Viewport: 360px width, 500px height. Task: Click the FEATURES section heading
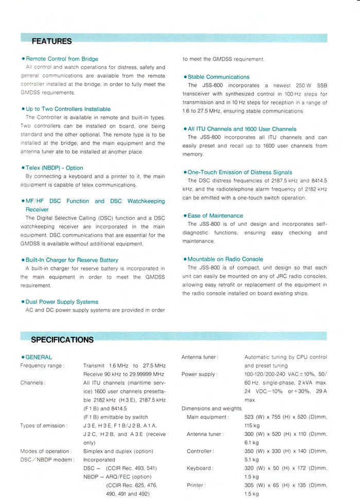(x=51, y=41)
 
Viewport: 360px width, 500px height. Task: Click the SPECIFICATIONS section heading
(x=62, y=340)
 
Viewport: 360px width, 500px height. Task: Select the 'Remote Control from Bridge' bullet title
(x=62, y=59)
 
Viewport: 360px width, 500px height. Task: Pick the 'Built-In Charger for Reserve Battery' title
(x=71, y=260)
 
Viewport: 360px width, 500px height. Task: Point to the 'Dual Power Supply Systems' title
(x=62, y=302)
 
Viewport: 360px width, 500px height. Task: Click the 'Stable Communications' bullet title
(x=218, y=77)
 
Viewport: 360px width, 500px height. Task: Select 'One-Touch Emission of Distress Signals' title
(x=240, y=172)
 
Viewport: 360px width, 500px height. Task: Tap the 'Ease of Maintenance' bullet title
(x=215, y=216)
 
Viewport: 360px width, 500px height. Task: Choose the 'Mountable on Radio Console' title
(x=225, y=259)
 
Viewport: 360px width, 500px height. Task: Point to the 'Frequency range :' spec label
(x=42, y=366)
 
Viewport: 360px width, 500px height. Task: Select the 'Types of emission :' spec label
(x=44, y=425)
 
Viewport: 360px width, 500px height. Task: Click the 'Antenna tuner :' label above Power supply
(x=200, y=357)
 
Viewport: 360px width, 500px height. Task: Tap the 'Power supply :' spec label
(x=199, y=374)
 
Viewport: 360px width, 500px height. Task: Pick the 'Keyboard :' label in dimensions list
(x=200, y=468)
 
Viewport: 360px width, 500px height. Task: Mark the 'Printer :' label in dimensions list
(x=197, y=485)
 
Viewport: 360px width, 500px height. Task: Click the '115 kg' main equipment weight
(x=252, y=425)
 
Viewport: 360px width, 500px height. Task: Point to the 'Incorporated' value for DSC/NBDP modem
(x=99, y=459)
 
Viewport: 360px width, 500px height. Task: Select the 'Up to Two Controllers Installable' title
(x=68, y=109)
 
